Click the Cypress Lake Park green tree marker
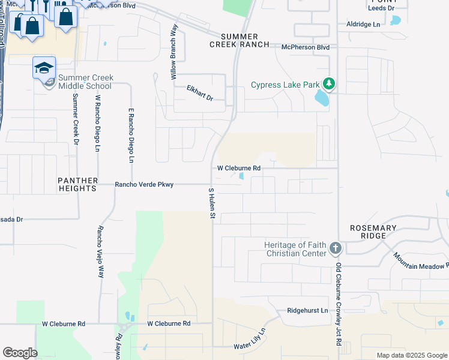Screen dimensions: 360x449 point(328,84)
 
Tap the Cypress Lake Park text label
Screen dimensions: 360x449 point(285,85)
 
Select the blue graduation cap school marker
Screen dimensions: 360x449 point(44,68)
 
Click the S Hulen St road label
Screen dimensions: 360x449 point(211,202)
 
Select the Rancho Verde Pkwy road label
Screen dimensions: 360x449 point(144,185)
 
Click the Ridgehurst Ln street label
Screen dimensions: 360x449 point(307,311)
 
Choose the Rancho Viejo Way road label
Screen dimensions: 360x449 point(100,251)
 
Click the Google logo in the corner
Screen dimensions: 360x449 point(20,353)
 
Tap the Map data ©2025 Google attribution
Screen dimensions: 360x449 point(411,355)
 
